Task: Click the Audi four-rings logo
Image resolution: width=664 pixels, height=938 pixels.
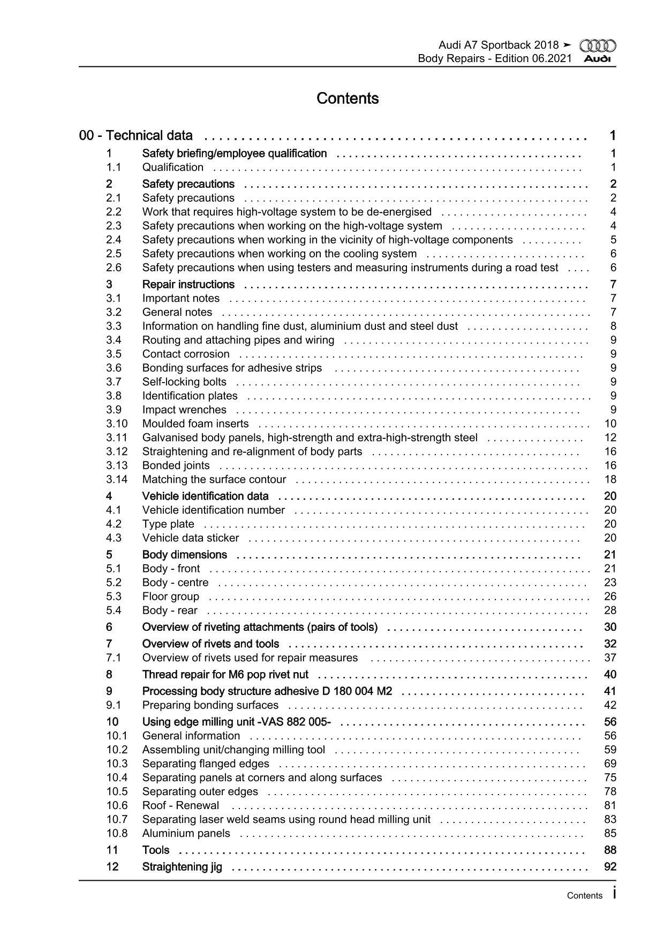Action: (x=598, y=47)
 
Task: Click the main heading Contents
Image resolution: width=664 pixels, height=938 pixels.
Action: (x=348, y=98)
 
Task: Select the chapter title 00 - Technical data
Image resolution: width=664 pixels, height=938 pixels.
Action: (x=136, y=136)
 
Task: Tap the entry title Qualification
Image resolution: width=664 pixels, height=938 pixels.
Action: (x=172, y=167)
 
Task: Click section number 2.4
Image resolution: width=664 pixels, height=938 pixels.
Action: (x=114, y=240)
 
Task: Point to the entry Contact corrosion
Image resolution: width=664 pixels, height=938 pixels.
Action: (x=186, y=354)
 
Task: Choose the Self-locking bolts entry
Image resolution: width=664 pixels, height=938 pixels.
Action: (x=184, y=382)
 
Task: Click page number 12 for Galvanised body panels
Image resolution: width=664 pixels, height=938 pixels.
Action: (x=610, y=438)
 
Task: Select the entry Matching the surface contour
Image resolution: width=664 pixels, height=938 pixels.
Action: (x=214, y=479)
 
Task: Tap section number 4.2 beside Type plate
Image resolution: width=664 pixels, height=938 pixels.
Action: (x=114, y=524)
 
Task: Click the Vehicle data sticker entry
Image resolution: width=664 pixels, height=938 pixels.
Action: (x=191, y=538)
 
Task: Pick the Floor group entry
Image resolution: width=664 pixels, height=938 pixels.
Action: (x=170, y=597)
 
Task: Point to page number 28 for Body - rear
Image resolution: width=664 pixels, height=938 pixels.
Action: (x=610, y=611)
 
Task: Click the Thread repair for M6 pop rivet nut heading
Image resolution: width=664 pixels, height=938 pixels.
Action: (x=225, y=675)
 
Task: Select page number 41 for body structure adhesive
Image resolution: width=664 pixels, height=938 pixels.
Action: (x=610, y=691)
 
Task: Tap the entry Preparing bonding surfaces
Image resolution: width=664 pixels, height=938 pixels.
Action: (x=210, y=705)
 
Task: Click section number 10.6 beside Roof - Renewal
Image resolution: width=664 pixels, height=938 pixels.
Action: (x=117, y=806)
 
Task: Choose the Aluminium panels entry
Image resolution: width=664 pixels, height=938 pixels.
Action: (x=186, y=834)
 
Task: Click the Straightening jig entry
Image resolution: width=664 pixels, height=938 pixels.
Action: (x=182, y=867)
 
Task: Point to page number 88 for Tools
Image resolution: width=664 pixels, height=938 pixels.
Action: (x=610, y=850)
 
